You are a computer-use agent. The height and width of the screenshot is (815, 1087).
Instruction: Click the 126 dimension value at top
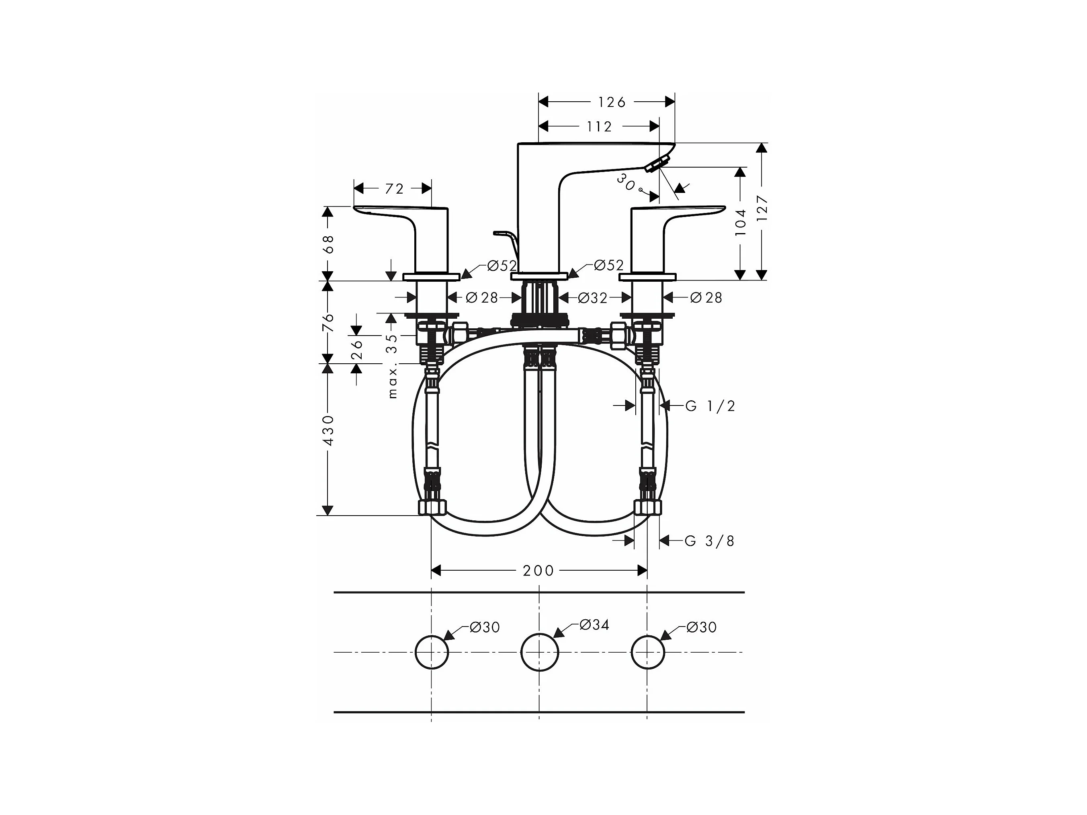click(611, 102)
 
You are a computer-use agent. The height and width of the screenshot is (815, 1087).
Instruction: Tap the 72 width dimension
click(394, 189)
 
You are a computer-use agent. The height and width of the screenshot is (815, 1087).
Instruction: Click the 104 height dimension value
click(741, 222)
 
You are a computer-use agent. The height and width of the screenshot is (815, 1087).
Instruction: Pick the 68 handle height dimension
click(328, 244)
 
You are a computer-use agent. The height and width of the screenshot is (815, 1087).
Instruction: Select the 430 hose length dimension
click(328, 430)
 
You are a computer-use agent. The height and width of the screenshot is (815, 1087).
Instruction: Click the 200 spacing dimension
click(538, 570)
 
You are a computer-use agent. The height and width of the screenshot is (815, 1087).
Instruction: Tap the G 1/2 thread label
click(710, 406)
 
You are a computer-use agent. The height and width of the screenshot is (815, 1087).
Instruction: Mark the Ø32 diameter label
click(592, 298)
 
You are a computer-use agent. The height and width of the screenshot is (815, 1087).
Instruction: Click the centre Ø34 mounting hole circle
click(540, 652)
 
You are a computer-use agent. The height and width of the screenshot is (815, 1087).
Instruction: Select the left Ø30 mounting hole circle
click(432, 652)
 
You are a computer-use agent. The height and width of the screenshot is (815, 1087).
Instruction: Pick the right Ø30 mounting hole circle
click(647, 652)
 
